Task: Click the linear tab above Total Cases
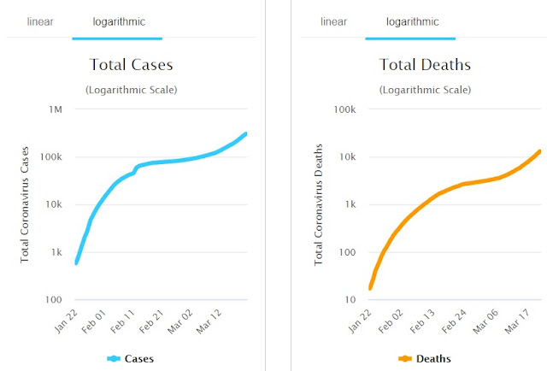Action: [40, 21]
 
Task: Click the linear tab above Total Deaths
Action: [333, 21]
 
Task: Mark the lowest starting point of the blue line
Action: [77, 262]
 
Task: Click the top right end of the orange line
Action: [539, 152]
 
